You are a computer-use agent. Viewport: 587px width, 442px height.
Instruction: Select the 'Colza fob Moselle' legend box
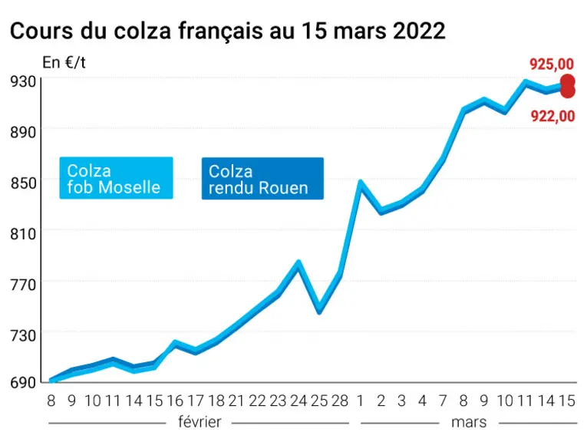(x=116, y=178)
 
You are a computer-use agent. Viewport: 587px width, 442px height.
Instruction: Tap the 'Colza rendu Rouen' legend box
(x=262, y=179)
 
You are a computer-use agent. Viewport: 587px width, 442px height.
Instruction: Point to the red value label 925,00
(x=552, y=64)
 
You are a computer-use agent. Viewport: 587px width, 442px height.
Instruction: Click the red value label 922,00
(x=552, y=117)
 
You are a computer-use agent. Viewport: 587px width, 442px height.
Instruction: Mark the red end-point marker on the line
(x=568, y=86)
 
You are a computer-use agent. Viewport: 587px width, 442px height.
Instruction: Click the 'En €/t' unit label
(x=64, y=62)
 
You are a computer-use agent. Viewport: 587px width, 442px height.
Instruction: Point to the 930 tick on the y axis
(x=23, y=81)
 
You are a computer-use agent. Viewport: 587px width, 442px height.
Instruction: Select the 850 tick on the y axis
(x=23, y=183)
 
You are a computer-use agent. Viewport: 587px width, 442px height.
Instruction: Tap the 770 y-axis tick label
(x=23, y=285)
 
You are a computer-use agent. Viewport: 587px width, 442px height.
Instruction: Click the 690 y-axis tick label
(x=23, y=382)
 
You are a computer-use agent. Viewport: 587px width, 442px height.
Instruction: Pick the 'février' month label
(x=200, y=422)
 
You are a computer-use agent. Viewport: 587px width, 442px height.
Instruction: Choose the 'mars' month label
(x=469, y=422)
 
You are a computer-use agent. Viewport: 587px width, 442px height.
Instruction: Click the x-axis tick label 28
(x=340, y=401)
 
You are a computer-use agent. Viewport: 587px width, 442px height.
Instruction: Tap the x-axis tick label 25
(x=319, y=401)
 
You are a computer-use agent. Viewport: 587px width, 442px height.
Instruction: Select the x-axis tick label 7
(x=443, y=401)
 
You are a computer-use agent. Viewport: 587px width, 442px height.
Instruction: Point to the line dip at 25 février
(x=319, y=311)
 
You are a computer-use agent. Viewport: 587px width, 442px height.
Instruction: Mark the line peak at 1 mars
(x=360, y=183)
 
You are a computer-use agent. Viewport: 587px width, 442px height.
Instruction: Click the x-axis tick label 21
(x=236, y=401)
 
